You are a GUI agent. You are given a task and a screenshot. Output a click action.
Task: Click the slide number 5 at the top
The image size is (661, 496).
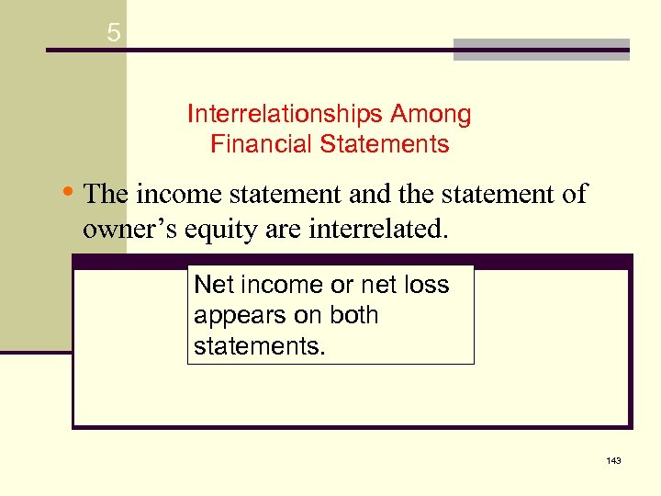113,34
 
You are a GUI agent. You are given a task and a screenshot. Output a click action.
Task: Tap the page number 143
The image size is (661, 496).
613,459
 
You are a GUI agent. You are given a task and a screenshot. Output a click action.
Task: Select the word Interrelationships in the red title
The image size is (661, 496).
286,115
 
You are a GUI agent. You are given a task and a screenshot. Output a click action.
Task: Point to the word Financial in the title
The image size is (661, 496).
255,145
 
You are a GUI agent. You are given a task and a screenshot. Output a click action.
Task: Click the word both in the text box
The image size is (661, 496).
350,315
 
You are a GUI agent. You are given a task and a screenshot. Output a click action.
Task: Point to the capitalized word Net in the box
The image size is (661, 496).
212,285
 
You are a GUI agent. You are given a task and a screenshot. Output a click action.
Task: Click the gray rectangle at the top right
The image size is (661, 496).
541,50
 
